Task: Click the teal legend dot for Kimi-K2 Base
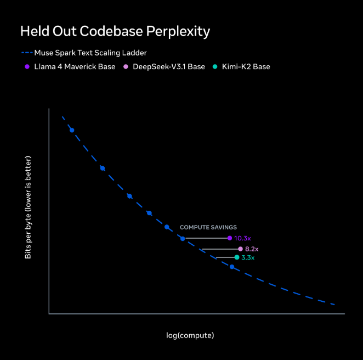pos(215,67)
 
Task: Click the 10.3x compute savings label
pos(242,238)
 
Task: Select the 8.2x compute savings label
pos(251,249)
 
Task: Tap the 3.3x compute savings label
pos(248,257)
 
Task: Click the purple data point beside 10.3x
pos(230,238)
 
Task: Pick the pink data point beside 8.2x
pos(240,249)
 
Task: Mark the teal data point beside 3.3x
pos(237,257)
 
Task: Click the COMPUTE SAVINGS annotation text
pos(208,227)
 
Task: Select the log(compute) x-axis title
pos(190,335)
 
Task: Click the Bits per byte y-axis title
pos(28,207)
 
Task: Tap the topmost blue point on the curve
pos(72,130)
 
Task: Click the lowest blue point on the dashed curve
pos(232,267)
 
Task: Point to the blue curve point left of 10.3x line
pos(183,238)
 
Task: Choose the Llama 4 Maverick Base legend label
pos(75,67)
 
